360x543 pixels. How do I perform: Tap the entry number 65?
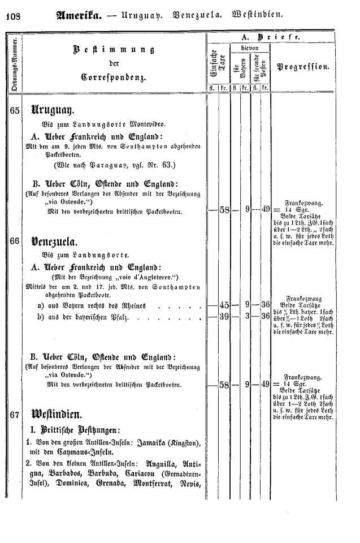click(15, 111)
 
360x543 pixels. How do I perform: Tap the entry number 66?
click(15, 240)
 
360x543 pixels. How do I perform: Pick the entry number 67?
click(15, 415)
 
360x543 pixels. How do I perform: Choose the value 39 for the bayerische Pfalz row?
click(223, 316)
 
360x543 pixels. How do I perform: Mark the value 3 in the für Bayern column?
click(248, 316)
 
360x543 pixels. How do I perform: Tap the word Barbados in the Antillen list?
click(66, 474)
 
